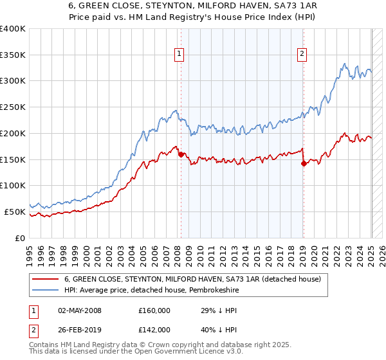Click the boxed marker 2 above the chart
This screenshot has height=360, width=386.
point(302,54)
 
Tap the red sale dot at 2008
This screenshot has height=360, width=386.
point(181,154)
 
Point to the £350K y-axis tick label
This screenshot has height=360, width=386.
point(13,55)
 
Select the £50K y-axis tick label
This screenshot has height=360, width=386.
point(15,212)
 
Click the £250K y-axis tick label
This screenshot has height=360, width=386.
point(13,107)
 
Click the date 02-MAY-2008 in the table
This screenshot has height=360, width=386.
point(80,310)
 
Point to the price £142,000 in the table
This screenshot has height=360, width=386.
point(154,329)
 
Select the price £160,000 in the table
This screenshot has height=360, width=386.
point(154,310)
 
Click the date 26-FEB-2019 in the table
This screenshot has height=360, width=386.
point(80,329)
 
